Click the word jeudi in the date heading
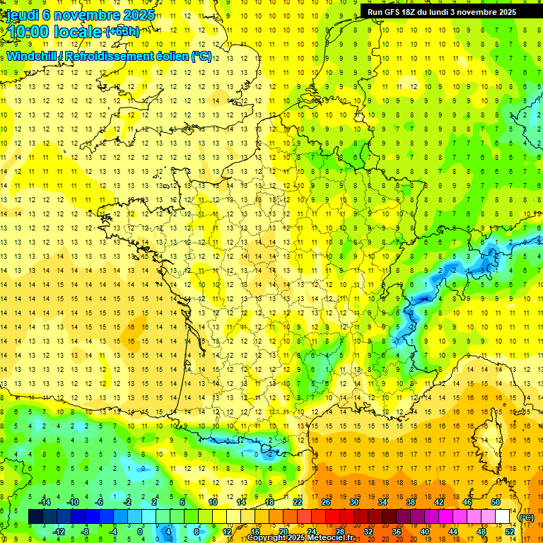pos(24,15)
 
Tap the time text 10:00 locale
pos(54,32)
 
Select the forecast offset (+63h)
pos(122,31)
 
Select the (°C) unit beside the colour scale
pos(527,518)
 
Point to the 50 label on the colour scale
pos(495,502)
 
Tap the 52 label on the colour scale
pos(509,531)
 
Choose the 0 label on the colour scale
pos(141,531)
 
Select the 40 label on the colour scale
pos(424,531)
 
